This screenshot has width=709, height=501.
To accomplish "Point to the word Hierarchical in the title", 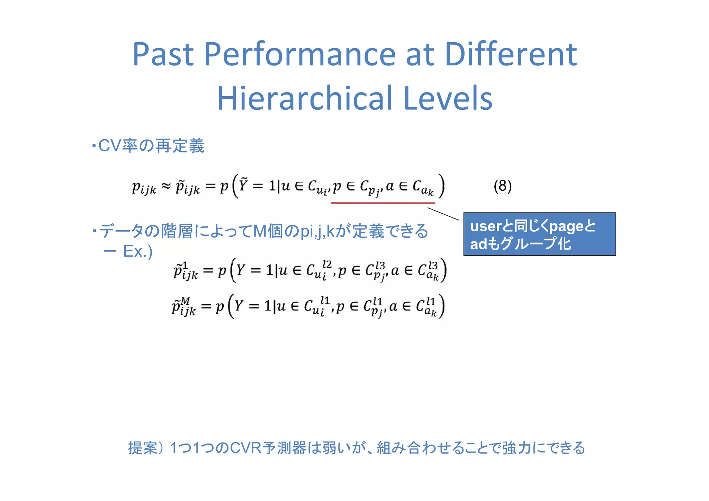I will (305, 98).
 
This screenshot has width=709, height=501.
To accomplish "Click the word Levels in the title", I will (448, 98).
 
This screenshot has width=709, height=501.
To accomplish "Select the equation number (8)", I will (502, 186).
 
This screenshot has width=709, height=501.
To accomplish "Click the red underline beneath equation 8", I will (383, 203).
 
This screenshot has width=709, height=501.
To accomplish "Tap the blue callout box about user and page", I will (539, 234).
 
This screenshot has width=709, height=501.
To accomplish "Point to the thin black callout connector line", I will (443, 214).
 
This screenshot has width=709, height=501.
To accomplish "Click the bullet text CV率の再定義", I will (151, 146).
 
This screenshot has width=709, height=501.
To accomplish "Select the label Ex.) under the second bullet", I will (137, 251).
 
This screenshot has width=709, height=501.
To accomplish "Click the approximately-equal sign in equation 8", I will (166, 186).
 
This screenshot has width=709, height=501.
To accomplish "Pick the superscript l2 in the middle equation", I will (326, 265).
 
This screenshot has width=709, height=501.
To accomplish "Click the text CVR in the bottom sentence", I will (245, 448).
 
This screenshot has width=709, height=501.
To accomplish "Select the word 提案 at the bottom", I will (143, 448).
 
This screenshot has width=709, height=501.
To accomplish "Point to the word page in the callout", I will (566, 227).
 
